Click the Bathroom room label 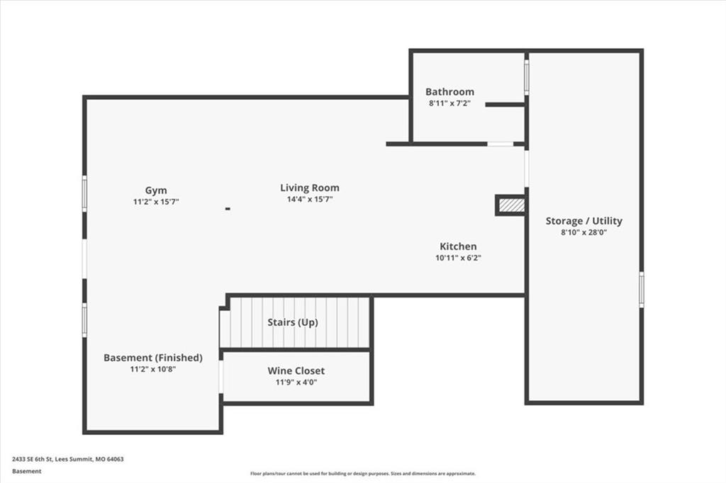[x=449, y=91]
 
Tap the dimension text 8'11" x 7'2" [x=449, y=103]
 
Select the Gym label [x=156, y=191]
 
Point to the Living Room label [x=310, y=188]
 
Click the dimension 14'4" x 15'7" [x=310, y=200]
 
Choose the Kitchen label [x=458, y=246]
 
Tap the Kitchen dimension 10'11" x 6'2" [x=458, y=258]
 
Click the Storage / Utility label [x=584, y=221]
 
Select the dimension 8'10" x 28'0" [x=584, y=232]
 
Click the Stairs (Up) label [x=293, y=322]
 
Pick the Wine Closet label [x=296, y=370]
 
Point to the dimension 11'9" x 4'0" [x=296, y=382]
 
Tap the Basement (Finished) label [x=153, y=358]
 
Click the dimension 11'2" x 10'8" [x=153, y=369]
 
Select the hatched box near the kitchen [x=512, y=205]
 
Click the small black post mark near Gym [x=228, y=209]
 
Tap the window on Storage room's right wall [x=641, y=290]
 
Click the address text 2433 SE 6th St [x=33, y=459]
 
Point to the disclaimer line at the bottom [x=363, y=473]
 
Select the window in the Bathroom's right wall [x=527, y=77]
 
